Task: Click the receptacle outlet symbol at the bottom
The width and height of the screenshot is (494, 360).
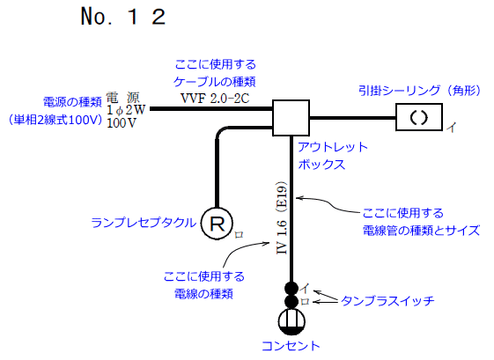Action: tap(291, 321)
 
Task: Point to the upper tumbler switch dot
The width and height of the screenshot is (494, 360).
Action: tap(291, 288)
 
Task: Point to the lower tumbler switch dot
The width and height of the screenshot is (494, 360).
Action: tap(291, 302)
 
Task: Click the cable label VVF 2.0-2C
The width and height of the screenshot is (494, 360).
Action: tap(215, 98)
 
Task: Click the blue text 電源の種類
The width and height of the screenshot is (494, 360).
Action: tap(69, 101)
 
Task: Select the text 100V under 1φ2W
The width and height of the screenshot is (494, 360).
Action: tap(121, 123)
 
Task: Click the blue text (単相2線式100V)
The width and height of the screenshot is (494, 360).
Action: tap(55, 118)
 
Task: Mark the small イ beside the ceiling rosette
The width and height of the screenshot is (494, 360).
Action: tap(452, 129)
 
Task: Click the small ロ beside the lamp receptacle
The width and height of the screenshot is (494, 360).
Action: tap(238, 236)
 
